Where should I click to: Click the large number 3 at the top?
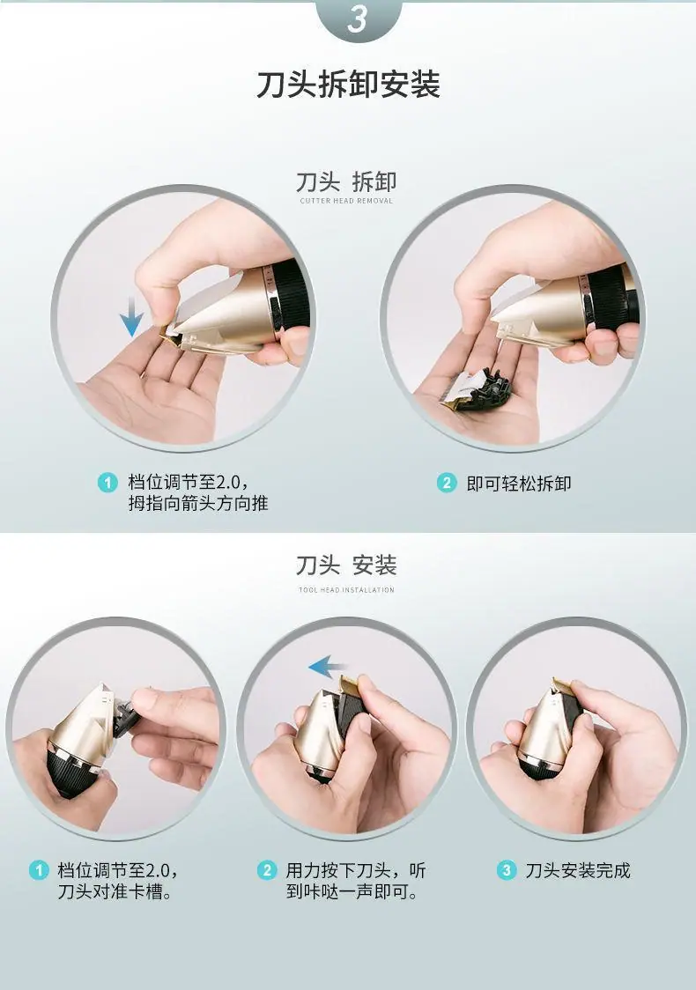coord(358,19)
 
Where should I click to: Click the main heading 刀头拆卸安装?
coord(348,85)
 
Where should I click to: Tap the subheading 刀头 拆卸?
coord(346,181)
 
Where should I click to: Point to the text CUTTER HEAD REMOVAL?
coord(346,201)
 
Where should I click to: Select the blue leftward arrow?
coord(327,667)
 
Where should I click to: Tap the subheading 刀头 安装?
coord(346,565)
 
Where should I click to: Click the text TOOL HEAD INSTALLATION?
coord(346,590)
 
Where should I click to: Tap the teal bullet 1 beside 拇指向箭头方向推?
coord(108,483)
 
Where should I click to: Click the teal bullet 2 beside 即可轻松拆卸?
coord(447,483)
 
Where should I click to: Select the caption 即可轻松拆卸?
coord(519,484)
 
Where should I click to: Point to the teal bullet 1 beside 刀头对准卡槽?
coord(39,870)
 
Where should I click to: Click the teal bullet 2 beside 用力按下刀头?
coord(267,870)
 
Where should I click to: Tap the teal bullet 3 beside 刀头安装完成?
coord(506,870)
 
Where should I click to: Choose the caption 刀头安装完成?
coord(578,871)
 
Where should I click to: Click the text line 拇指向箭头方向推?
coord(198,503)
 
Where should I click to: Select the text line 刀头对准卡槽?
coord(115,891)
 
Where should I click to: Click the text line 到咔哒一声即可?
coord(352,891)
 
